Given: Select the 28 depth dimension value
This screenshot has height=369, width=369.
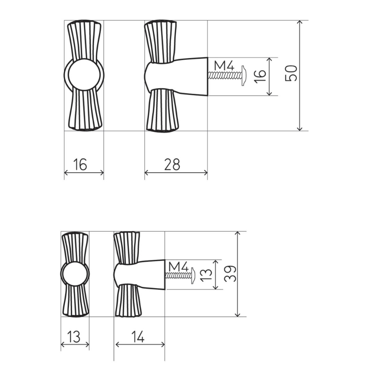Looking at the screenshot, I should (x=172, y=165).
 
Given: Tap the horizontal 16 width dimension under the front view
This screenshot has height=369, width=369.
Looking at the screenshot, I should (x=80, y=165).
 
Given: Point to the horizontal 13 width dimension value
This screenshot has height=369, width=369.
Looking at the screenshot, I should (x=74, y=336).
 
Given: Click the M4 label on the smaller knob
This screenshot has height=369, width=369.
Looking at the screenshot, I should (x=178, y=266).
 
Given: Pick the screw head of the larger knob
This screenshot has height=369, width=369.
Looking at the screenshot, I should (x=244, y=75).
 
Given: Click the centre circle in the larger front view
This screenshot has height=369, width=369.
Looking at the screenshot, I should (x=84, y=75).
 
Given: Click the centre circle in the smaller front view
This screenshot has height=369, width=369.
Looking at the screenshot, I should (x=75, y=275).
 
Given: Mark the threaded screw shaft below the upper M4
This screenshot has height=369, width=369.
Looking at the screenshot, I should (x=224, y=75).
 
